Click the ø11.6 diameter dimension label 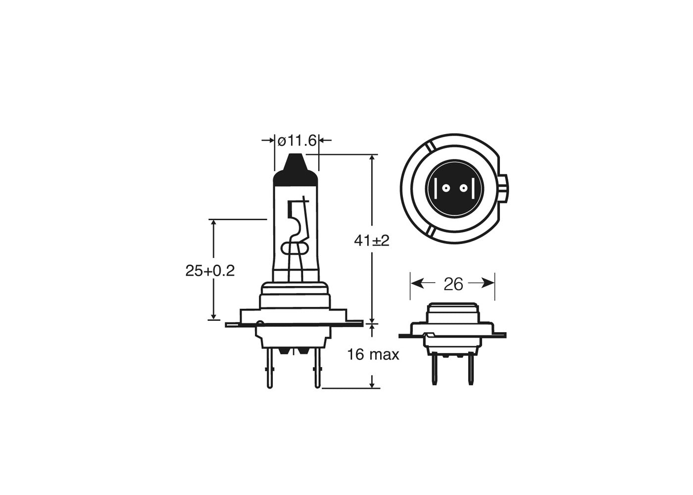pyautogui.click(x=297, y=141)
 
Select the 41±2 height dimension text pyautogui.click(x=372, y=241)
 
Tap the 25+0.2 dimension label pyautogui.click(x=210, y=271)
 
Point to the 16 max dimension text pyautogui.click(x=373, y=354)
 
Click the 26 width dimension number pyautogui.click(x=453, y=284)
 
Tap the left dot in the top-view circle pyautogui.click(x=445, y=189)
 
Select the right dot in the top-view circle pyautogui.click(x=463, y=189)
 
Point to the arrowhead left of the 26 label pyautogui.click(x=416, y=283)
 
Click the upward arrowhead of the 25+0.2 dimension pyautogui.click(x=214, y=224)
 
